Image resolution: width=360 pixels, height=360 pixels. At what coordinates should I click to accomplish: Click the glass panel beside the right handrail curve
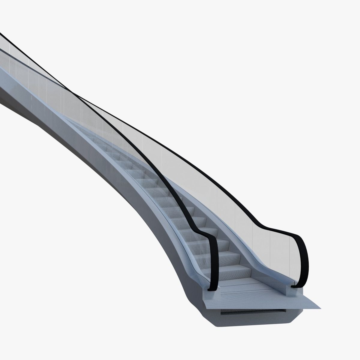pos(282,258)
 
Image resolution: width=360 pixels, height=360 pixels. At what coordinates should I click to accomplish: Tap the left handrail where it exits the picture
pos(1,34)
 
